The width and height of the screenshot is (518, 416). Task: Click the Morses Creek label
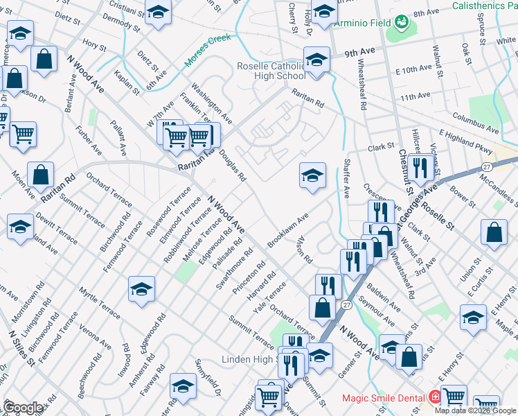coord(207,51)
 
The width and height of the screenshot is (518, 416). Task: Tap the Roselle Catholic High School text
coord(280,71)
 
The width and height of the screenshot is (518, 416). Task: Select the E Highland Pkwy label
coord(465,142)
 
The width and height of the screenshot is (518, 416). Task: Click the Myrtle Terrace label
coord(99,302)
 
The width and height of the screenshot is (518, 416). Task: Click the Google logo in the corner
coord(24,407)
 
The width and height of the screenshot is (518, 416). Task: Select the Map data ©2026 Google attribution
coord(476,410)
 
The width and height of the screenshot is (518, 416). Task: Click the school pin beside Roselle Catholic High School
coord(316,60)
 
